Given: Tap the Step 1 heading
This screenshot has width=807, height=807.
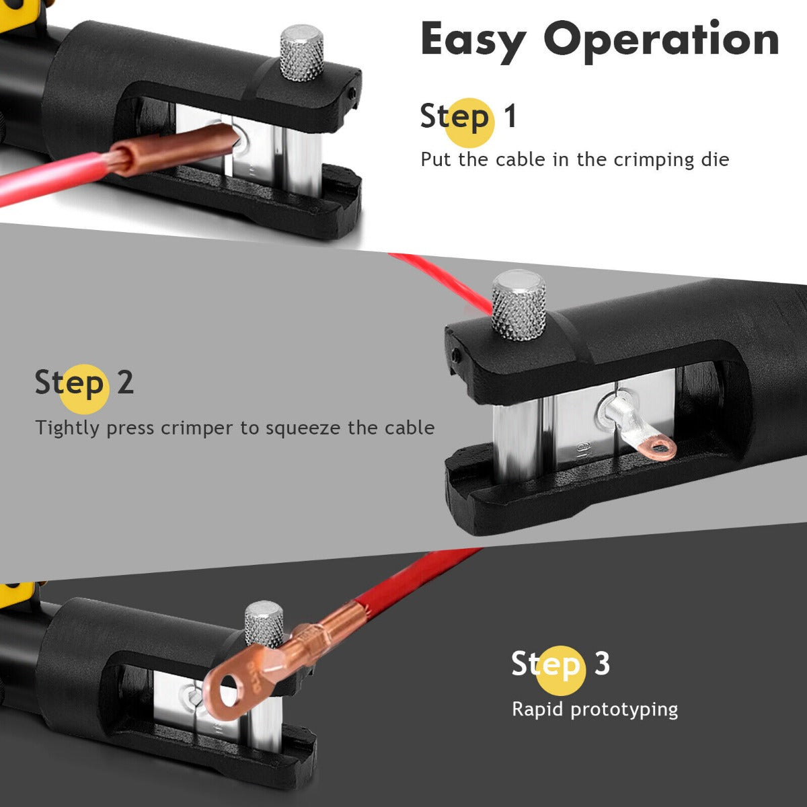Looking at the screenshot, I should [468, 116].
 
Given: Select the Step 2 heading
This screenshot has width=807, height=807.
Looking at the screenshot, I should [84, 383].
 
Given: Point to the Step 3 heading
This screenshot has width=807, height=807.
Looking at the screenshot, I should [560, 664].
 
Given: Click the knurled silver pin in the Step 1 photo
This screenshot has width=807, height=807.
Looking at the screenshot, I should [301, 54].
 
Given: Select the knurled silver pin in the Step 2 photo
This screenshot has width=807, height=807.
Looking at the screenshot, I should [518, 305].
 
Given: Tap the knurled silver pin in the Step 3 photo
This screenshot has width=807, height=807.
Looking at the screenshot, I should [264, 624].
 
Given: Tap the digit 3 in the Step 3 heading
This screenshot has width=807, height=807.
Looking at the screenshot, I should [601, 664].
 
